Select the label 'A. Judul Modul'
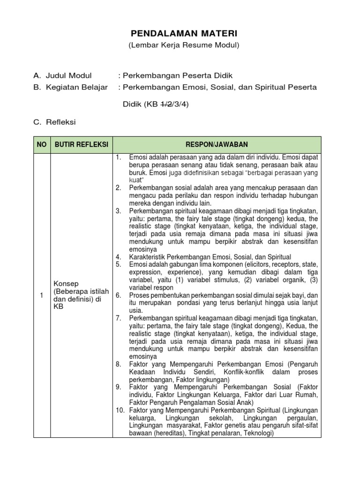[x=62, y=75]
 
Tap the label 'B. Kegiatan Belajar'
[x=70, y=87]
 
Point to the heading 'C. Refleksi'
[x=54, y=122]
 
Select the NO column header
[x=41, y=145]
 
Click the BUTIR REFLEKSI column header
[x=81, y=145]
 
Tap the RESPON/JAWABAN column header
[x=217, y=145]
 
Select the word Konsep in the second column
[x=66, y=284]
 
